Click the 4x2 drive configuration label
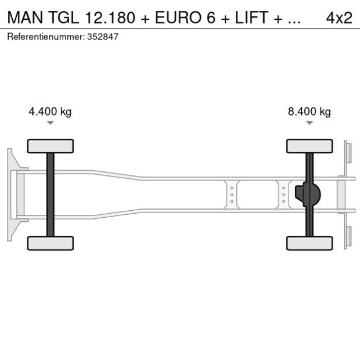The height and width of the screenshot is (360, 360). click(339, 17)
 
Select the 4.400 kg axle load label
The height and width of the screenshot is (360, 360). click(50, 111)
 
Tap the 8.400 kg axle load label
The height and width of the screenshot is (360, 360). click(309, 111)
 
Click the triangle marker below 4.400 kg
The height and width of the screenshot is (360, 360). click(51, 123)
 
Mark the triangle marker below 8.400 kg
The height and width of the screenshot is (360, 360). click(309, 123)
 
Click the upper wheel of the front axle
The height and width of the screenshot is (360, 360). click(51, 146)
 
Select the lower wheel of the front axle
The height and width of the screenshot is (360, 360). click(51, 243)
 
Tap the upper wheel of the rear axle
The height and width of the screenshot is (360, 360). click(309, 146)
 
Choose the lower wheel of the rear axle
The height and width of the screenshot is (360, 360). click(309, 243)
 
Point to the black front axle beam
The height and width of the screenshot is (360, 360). click(51, 195)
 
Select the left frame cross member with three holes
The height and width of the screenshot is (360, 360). click(232, 195)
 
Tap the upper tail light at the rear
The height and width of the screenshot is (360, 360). click(348, 153)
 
